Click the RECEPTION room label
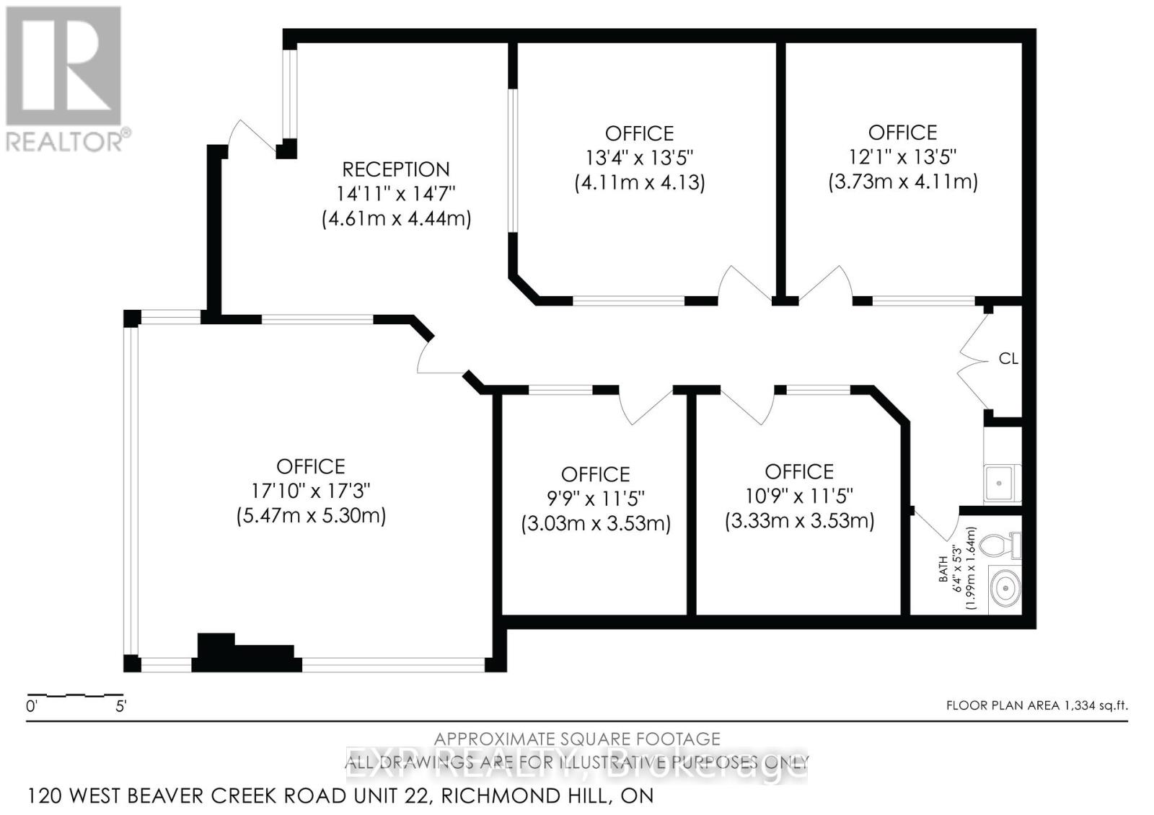click(395, 169)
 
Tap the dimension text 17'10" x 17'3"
click(311, 491)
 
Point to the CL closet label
click(1008, 358)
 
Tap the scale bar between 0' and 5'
click(76, 695)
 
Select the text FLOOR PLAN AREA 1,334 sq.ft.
click(1036, 705)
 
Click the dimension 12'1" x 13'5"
click(902, 156)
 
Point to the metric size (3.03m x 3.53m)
click(596, 523)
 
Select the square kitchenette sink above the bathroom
click(1001, 482)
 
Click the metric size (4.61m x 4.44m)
click(396, 218)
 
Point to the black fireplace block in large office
click(245, 654)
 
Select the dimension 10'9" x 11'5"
click(799, 496)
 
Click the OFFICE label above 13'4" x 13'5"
click(639, 133)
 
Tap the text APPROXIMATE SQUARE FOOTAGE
click(577, 739)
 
